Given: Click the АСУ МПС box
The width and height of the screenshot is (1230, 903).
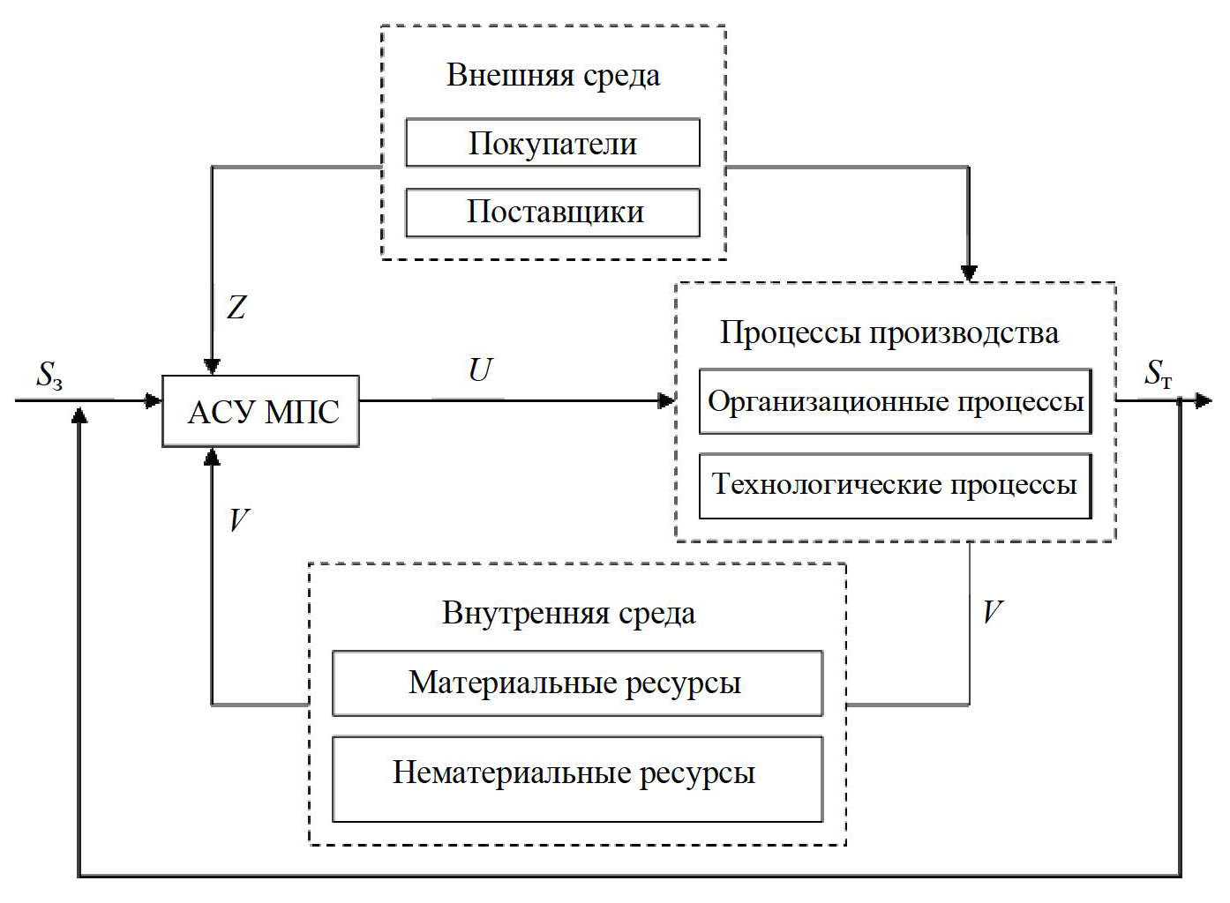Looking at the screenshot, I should [261, 411].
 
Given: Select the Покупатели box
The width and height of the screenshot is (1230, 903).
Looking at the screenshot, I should [552, 143].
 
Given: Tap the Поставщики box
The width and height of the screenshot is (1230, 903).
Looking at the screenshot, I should [552, 212].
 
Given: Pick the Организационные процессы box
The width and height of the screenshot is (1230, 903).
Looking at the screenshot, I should [895, 402].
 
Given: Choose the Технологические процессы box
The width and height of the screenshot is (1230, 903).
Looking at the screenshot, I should [895, 485].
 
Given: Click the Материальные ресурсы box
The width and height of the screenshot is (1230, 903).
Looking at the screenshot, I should [577, 683].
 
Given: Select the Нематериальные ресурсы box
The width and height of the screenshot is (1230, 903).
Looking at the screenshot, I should [577, 773].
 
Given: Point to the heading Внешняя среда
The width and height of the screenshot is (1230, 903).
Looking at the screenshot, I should [553, 75].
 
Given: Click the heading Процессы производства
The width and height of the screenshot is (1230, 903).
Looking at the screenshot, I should [889, 333].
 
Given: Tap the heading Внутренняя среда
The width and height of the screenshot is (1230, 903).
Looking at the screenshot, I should [569, 613].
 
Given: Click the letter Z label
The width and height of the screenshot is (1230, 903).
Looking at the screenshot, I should [236, 308].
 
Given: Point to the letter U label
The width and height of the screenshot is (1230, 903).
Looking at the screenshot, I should [480, 370].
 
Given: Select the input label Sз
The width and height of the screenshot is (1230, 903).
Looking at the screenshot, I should [49, 376].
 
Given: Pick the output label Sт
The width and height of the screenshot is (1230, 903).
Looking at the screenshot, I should [1159, 374].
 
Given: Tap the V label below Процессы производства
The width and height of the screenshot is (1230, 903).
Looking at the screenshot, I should [993, 612].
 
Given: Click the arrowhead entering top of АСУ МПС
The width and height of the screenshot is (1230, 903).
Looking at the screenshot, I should [212, 366].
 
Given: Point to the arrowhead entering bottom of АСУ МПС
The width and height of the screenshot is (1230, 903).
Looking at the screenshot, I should [212, 456].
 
